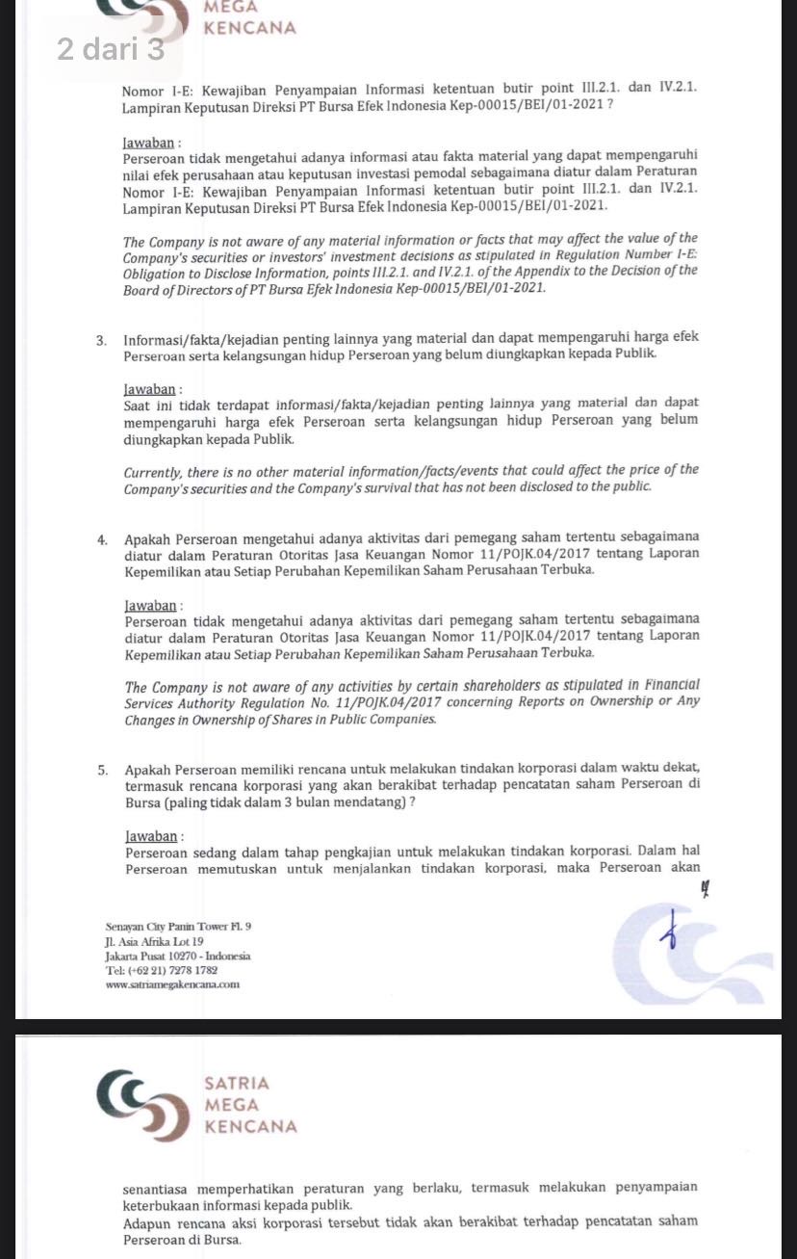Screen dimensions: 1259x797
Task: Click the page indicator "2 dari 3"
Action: coord(111,49)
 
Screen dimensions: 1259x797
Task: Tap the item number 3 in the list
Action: coord(101,338)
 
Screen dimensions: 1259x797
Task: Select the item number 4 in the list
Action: coord(101,538)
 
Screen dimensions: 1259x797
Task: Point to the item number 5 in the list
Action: coord(101,769)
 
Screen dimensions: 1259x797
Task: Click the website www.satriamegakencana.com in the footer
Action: coord(173,984)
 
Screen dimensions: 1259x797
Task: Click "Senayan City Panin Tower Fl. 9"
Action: coord(178,927)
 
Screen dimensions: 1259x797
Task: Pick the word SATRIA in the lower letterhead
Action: coord(237,1084)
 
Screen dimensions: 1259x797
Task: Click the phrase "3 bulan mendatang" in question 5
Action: coord(345,803)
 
